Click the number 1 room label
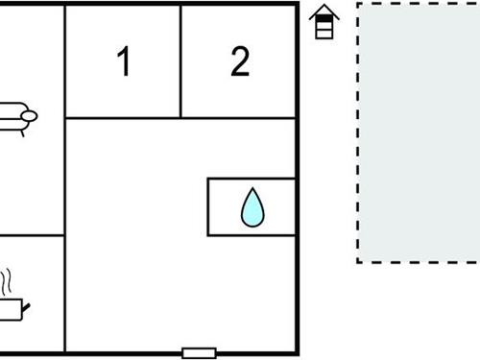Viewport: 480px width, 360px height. pos(123,61)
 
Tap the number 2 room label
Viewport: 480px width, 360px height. pos(240,61)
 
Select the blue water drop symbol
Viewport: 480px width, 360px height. pos(252,207)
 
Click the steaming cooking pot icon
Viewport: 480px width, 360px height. pos(12,306)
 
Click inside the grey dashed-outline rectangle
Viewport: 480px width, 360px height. pos(419,132)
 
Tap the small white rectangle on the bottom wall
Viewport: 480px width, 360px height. pos(199,352)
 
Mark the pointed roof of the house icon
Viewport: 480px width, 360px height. pos(325,11)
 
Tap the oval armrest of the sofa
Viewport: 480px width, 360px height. pos(29,116)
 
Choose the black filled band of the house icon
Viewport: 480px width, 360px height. pos(325,21)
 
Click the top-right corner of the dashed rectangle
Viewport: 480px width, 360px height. pos(479,3)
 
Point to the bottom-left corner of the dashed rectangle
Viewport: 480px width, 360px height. pos(358,261)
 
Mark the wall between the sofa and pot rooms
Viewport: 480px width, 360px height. pos(29,236)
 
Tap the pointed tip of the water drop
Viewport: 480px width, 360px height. pos(252,189)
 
